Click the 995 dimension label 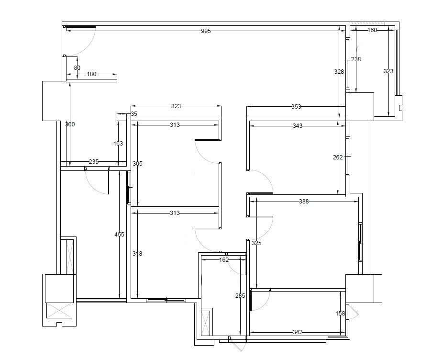[206, 31]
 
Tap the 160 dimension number [372, 30]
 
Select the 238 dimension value [356, 59]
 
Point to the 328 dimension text [339, 72]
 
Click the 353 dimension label [296, 107]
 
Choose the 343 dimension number [298, 126]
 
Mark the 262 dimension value [338, 157]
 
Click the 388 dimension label [304, 202]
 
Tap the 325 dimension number [256, 243]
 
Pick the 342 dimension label [298, 332]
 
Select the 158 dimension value [340, 314]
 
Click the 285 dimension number [240, 296]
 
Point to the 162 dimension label [224, 259]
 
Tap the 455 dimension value [119, 235]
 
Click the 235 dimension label [94, 161]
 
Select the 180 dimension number [91, 74]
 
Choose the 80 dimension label [77, 68]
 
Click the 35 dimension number [134, 114]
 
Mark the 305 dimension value [137, 164]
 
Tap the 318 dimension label [137, 254]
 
